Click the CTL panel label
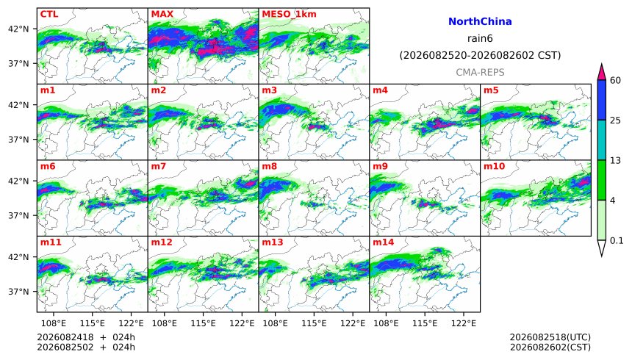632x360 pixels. tap(49, 14)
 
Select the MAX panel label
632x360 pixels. tap(162, 14)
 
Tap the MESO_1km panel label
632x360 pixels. tap(289, 14)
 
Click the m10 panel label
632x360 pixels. tap(494, 167)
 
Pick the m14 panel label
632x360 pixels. tap(384, 242)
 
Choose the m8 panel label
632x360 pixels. tap(270, 167)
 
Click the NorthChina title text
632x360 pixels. tap(480, 22)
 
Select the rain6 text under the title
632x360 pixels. tap(480, 38)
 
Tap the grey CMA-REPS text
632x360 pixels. tap(480, 72)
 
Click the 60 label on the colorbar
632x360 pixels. tap(615, 80)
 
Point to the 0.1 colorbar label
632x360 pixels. tap(617, 241)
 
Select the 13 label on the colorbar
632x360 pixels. tap(615, 160)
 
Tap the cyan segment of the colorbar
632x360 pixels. tap(601, 140)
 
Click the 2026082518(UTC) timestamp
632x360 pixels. tap(550, 337)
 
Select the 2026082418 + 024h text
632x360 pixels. tap(86, 337)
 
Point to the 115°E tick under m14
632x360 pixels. tap(425, 323)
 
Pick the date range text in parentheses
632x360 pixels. tap(480, 55)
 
